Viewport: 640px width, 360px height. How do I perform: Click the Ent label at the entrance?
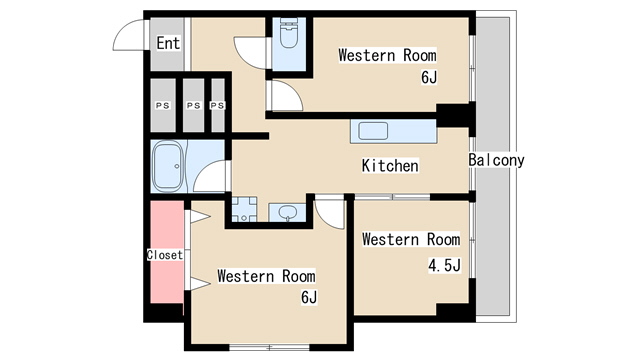(x=168, y=43)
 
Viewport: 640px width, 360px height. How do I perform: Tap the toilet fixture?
(x=289, y=33)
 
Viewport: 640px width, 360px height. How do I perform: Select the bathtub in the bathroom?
(x=167, y=166)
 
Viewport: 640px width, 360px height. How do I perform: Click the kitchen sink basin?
(x=373, y=131)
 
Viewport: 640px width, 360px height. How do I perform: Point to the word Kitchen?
(x=390, y=166)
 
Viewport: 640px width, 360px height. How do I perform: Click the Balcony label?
(x=496, y=160)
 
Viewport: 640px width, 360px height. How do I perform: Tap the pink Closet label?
(x=165, y=255)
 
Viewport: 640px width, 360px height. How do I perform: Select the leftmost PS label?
(x=162, y=105)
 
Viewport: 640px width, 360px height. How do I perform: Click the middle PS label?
(x=193, y=105)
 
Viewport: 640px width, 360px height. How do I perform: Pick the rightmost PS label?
(x=218, y=105)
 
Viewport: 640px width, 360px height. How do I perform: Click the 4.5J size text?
(x=444, y=265)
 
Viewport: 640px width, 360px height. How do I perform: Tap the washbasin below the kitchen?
(x=288, y=212)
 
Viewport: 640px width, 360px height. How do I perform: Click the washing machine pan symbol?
(x=244, y=209)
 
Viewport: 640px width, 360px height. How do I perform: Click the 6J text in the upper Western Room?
(x=429, y=77)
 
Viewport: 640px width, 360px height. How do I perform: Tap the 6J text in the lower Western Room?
(x=309, y=298)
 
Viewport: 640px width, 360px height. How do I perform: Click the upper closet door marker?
(x=200, y=217)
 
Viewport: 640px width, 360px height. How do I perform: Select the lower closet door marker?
(x=200, y=284)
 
